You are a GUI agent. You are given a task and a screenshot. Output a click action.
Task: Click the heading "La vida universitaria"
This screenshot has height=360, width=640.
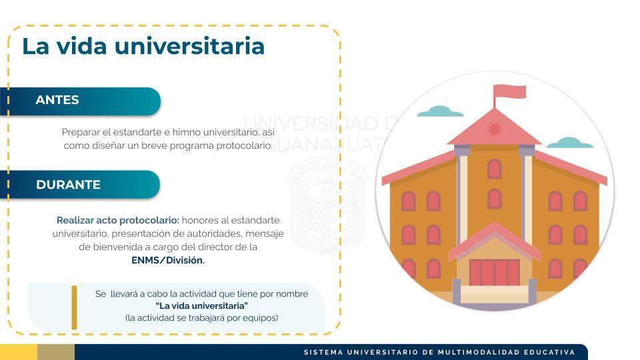143,46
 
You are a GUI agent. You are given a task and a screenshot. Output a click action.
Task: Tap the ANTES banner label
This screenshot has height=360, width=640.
57,100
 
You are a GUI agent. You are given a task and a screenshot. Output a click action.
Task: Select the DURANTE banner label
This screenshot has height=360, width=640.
68,185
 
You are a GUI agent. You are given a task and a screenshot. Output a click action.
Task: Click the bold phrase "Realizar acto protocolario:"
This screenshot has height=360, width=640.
117,221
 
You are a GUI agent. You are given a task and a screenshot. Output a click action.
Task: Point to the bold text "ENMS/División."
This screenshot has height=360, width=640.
168,260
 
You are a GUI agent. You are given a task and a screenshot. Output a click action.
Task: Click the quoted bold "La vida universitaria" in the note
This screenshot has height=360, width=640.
201,306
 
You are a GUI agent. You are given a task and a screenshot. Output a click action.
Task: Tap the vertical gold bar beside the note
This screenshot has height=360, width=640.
74,307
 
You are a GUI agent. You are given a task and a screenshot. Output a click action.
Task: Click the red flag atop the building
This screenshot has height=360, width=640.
509,92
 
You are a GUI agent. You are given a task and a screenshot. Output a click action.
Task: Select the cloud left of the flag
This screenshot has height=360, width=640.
440,111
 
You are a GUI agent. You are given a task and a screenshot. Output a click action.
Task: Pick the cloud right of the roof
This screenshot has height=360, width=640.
569,143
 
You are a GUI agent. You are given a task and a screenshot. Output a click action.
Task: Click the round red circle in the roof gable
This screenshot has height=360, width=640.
494,129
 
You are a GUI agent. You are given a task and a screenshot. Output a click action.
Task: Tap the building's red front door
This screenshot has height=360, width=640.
494,272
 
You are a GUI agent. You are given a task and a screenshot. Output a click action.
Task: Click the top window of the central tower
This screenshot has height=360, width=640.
494,169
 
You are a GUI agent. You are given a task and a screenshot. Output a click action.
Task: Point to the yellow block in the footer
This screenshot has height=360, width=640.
19,352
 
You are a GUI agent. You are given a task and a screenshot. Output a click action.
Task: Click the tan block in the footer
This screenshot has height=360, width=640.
56,352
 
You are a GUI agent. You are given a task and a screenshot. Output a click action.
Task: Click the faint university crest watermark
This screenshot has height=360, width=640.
327,205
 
